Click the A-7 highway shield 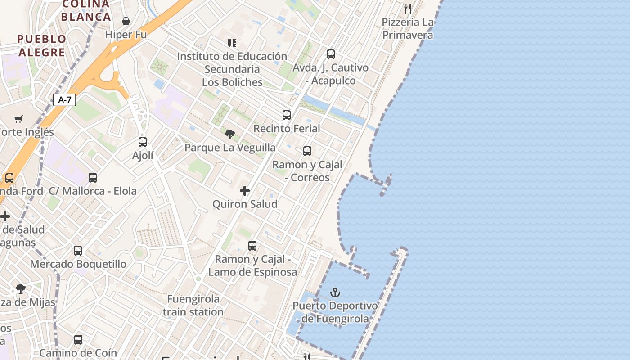[x=64, y=100]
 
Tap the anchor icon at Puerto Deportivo [x=335, y=293]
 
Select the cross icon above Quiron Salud [x=245, y=191]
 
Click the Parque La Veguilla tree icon [x=230, y=134]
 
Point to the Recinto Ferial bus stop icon [x=287, y=115]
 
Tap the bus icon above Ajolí [x=143, y=142]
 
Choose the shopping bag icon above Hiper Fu [x=126, y=21]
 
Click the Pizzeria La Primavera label [x=408, y=29]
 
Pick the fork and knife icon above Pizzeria [x=408, y=9]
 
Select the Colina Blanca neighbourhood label [x=85, y=11]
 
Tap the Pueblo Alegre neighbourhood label [x=42, y=45]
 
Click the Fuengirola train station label [x=193, y=305]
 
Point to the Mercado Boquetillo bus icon [x=78, y=250]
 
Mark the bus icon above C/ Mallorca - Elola [x=93, y=178]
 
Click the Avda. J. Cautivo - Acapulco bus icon [x=331, y=54]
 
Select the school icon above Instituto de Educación [x=232, y=43]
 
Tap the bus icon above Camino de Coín [x=78, y=340]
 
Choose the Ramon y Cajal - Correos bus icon [x=307, y=151]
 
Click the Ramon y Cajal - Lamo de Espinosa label [x=252, y=265]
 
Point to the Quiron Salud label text [x=245, y=204]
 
